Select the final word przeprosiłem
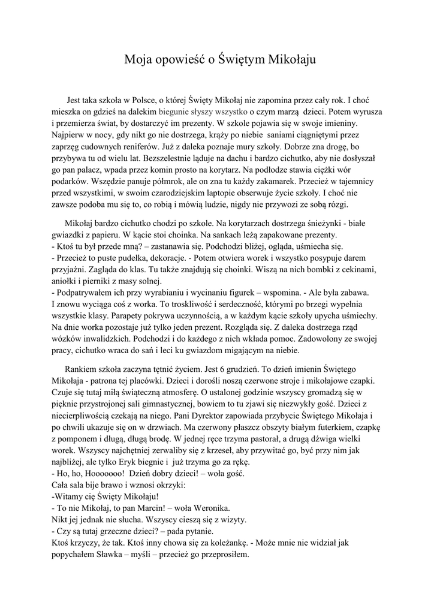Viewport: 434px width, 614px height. pos(224,555)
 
